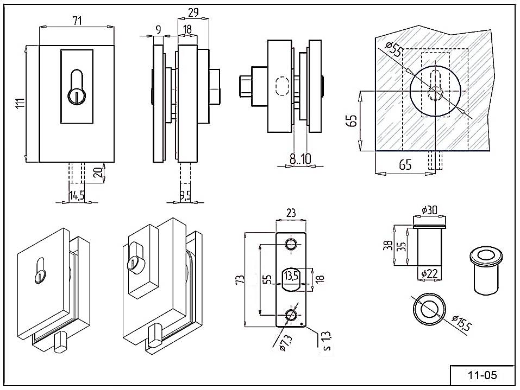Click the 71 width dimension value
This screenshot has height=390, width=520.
[x=77, y=21]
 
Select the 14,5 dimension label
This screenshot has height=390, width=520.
[x=77, y=195]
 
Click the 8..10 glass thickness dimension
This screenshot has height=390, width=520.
[x=300, y=159]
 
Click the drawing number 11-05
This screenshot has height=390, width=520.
[x=475, y=374]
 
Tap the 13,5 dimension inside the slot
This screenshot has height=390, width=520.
[x=291, y=276]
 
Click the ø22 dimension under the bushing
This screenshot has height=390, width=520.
[x=428, y=274]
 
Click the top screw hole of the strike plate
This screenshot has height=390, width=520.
[x=291, y=244]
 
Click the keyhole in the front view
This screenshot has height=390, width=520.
[x=77, y=86]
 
